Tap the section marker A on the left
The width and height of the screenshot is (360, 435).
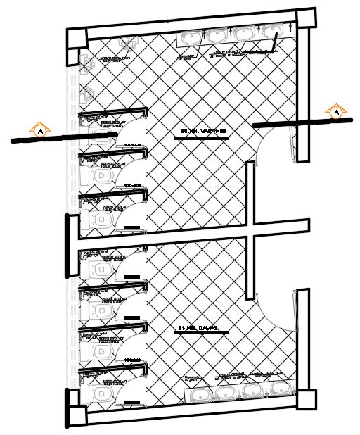(x=41, y=130)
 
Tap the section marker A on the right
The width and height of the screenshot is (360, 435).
(x=337, y=111)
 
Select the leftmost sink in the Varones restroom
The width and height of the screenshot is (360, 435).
(x=191, y=36)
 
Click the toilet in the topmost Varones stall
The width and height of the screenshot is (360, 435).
(x=98, y=130)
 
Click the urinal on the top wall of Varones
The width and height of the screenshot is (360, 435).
(x=273, y=32)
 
